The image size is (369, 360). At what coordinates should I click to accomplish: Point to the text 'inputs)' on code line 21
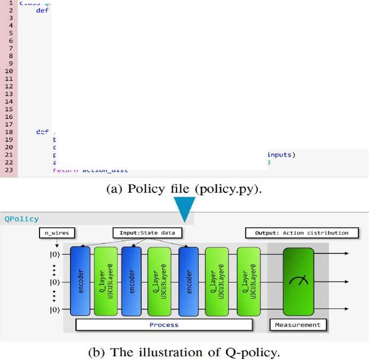point(281,155)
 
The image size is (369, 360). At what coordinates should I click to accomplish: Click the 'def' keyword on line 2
point(42,10)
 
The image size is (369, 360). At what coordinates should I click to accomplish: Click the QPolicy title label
point(22,219)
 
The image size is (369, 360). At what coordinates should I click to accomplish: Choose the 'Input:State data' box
point(146,233)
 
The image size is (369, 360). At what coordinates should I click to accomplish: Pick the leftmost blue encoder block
point(80,281)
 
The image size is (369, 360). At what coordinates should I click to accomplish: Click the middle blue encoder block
point(132,281)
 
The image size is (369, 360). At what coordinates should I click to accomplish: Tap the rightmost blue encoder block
point(189,281)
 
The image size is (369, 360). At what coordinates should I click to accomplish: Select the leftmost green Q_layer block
point(106,281)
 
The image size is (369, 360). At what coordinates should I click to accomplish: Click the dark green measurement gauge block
point(298,281)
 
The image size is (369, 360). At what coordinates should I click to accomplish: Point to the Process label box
point(163,324)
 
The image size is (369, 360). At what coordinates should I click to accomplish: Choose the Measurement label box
point(298,324)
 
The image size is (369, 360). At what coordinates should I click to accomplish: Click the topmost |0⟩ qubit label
point(55,253)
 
